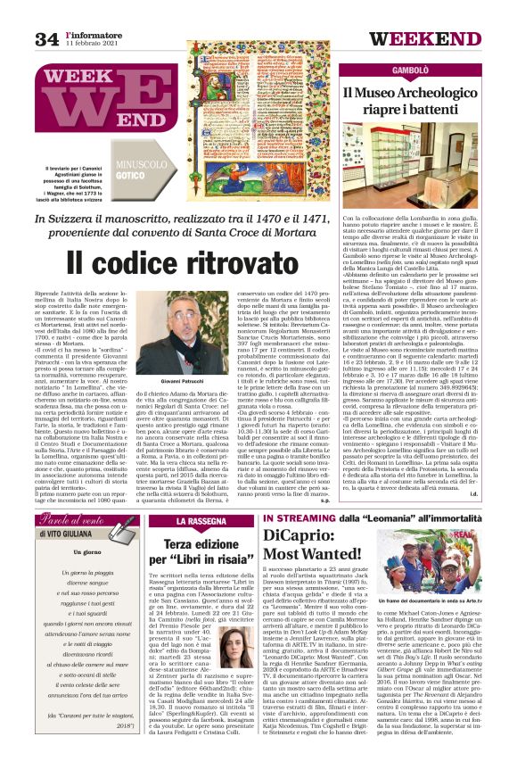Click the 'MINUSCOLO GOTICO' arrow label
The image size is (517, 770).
pyautogui.click(x=144, y=172)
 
